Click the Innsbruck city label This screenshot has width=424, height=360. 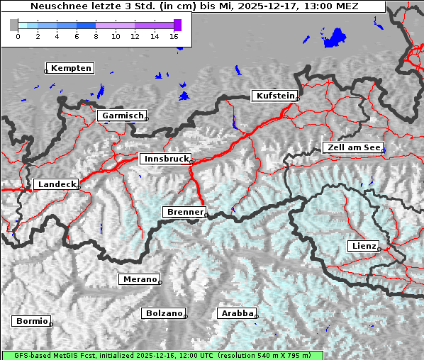click(x=164, y=159)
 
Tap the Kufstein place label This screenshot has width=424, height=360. click(x=274, y=96)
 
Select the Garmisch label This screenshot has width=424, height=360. click(x=121, y=116)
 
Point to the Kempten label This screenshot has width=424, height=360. click(x=69, y=68)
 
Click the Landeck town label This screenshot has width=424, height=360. click(x=55, y=184)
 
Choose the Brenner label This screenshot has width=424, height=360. click(x=184, y=212)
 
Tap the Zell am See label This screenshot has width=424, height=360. click(x=352, y=147)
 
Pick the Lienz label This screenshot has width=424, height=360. click(x=363, y=246)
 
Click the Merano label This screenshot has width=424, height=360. click(x=138, y=279)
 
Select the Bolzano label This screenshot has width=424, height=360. click(x=163, y=313)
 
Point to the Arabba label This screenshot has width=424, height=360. click(x=235, y=313)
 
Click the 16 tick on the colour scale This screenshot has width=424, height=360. click(x=174, y=36)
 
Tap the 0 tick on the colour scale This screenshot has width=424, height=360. click(x=18, y=36)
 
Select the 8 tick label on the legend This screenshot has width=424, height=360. click(x=96, y=36)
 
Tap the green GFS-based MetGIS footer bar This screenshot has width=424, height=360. click(x=162, y=355)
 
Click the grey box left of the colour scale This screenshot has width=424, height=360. click(x=13, y=25)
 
